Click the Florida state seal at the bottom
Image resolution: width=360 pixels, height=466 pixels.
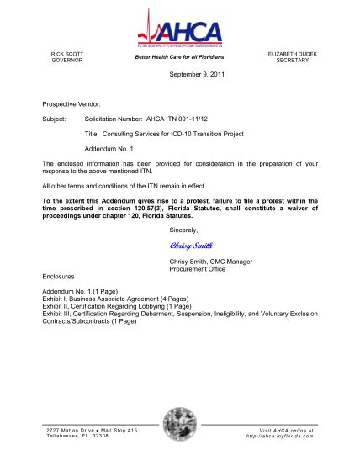[x=180, y=424]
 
